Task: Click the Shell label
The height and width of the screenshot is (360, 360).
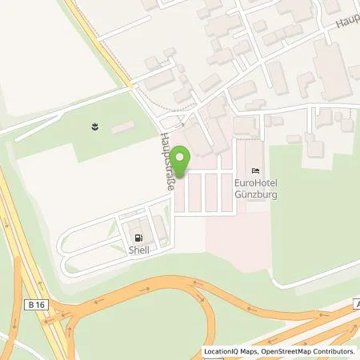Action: pyautogui.click(x=140, y=249)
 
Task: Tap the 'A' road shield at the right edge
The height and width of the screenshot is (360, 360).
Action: pyautogui.click(x=355, y=304)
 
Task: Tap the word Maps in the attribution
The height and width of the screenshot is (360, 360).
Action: pyautogui.click(x=250, y=351)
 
